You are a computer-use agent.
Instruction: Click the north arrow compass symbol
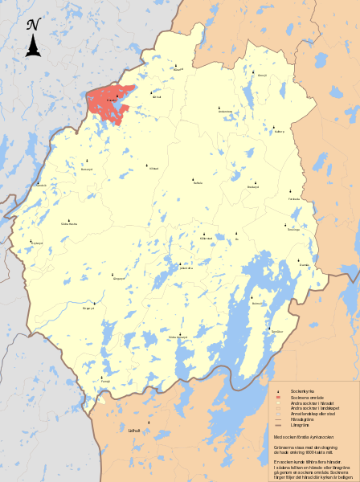pyautogui.click(x=33, y=38)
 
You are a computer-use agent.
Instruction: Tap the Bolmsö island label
pyautogui.click(x=257, y=304)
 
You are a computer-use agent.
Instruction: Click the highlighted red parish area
pyautogui.click(x=108, y=102)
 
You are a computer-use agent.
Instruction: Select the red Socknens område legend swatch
pyautogui.click(x=276, y=398)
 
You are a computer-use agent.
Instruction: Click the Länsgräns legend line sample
pyautogui.click(x=276, y=425)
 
